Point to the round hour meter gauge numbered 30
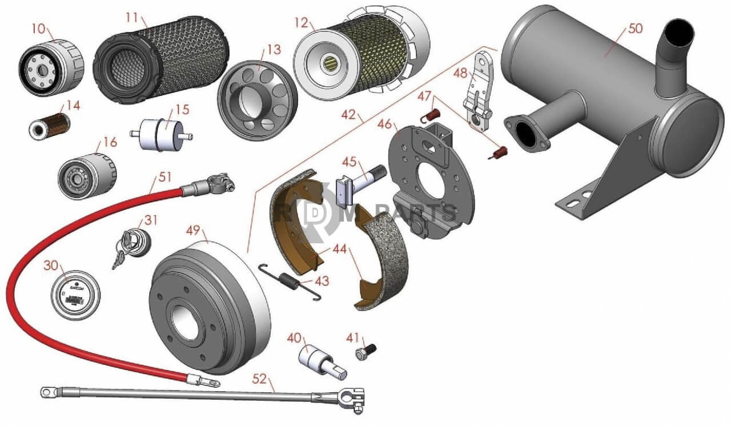click(x=75, y=295)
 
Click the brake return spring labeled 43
click(x=289, y=281)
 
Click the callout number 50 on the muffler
click(x=635, y=29)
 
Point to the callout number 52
click(x=260, y=378)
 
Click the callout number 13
click(x=274, y=50)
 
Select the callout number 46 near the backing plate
click(x=384, y=124)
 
